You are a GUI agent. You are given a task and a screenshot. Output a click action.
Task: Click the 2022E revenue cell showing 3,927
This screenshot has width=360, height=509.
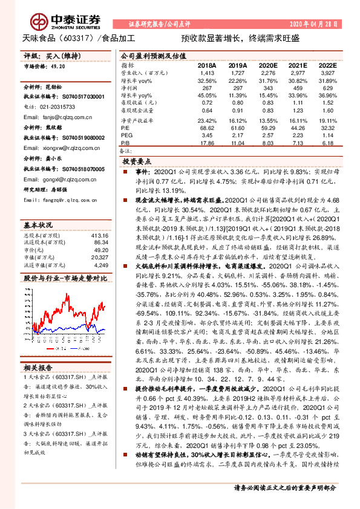pos(327,72)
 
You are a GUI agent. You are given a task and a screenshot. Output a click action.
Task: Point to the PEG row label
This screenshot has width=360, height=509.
pos(126,135)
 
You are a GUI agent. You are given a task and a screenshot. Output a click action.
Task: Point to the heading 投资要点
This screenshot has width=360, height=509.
pos(136,163)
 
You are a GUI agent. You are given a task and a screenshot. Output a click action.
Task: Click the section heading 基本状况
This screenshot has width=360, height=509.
pos(38,224)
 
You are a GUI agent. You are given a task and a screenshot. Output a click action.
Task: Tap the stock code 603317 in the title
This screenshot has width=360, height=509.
pos(73,38)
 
